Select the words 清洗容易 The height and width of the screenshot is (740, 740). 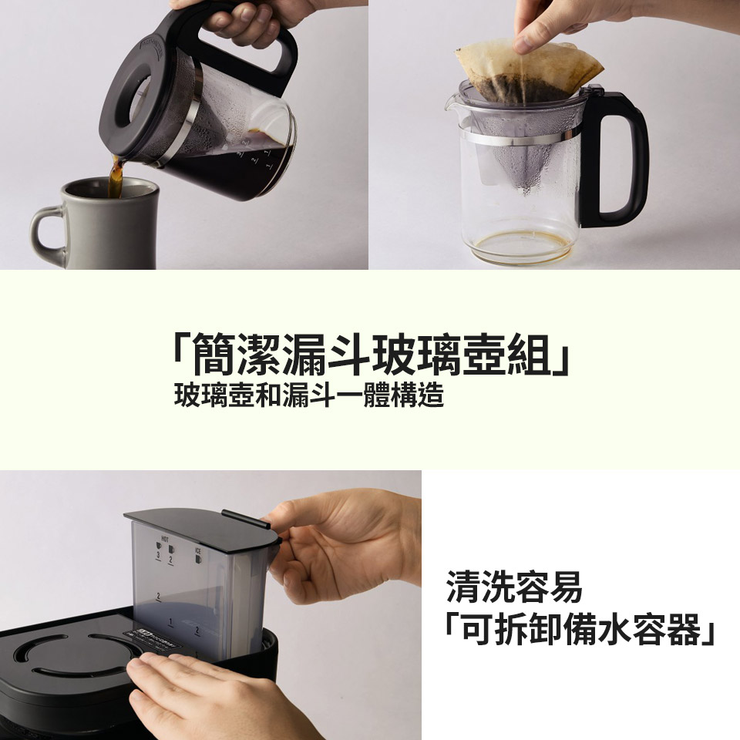tap(514, 588)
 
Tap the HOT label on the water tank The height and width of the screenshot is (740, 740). tap(164, 537)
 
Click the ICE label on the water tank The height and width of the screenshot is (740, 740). tap(198, 551)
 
